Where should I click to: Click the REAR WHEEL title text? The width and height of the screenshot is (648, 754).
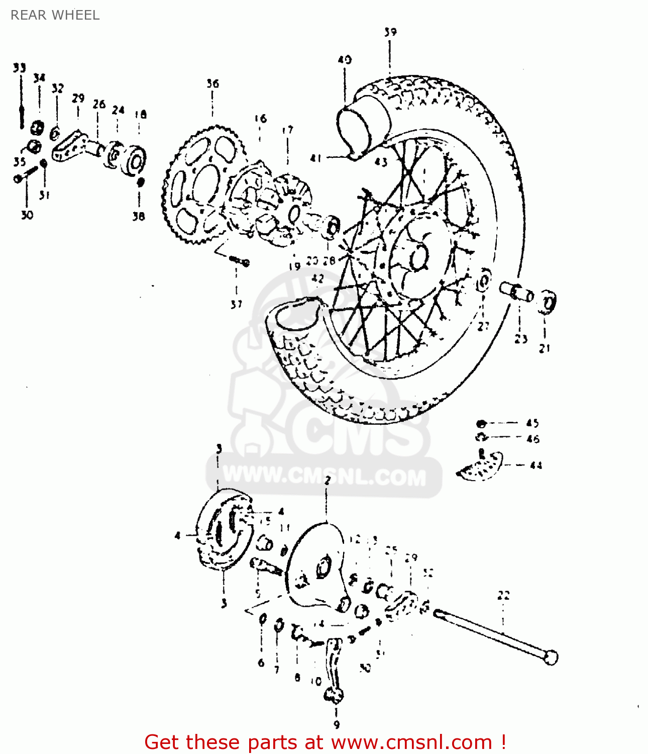pyautogui.click(x=55, y=15)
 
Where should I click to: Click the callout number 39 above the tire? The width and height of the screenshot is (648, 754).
pyautogui.click(x=390, y=32)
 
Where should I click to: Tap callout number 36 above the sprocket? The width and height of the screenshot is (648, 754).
pyautogui.click(x=212, y=83)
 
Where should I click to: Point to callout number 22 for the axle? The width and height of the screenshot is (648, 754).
pyautogui.click(x=503, y=596)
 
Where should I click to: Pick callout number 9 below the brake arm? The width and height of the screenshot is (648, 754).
pyautogui.click(x=336, y=724)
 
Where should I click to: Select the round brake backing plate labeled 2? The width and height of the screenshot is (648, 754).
pyautogui.click(x=316, y=565)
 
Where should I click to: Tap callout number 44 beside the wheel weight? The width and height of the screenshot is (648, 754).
pyautogui.click(x=536, y=465)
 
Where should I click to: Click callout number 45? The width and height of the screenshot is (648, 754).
pyautogui.click(x=532, y=423)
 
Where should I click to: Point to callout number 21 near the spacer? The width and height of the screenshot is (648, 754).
pyautogui.click(x=545, y=348)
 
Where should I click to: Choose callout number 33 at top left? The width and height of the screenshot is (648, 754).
pyautogui.click(x=19, y=68)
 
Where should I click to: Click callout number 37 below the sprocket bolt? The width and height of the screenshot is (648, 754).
pyautogui.click(x=236, y=304)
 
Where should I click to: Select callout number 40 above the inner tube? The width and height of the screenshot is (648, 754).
pyautogui.click(x=345, y=60)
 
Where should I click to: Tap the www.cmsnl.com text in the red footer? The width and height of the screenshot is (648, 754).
pyautogui.click(x=411, y=742)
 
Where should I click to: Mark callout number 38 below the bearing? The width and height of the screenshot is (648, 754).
pyautogui.click(x=139, y=216)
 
